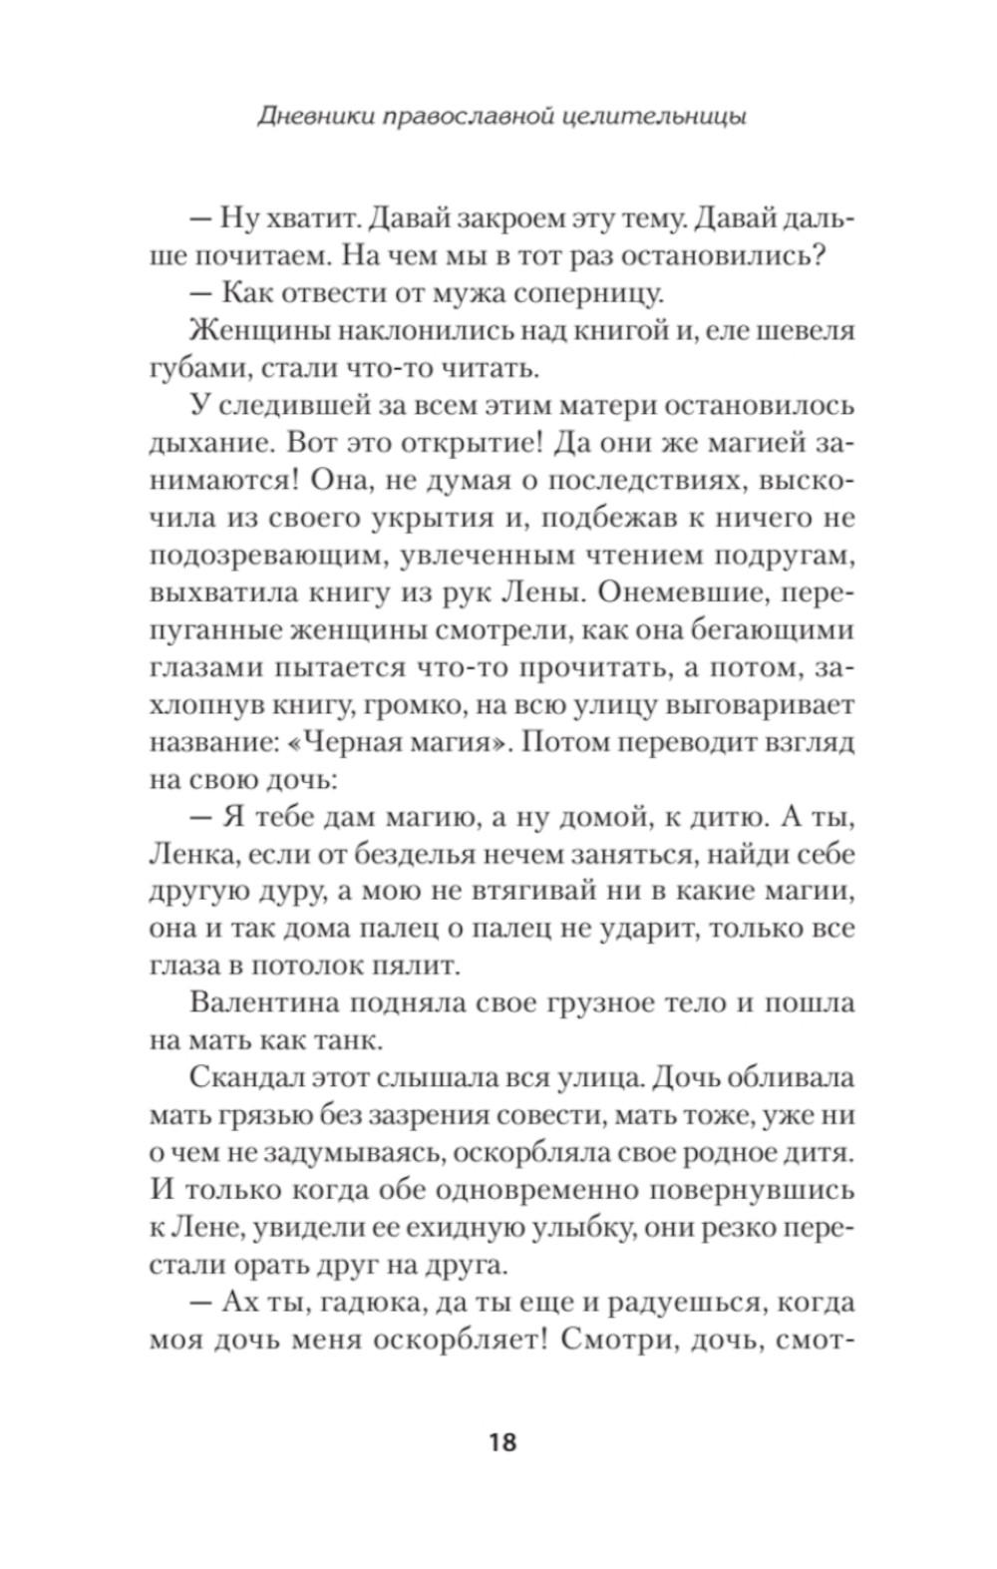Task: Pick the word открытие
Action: [x=462, y=444]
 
